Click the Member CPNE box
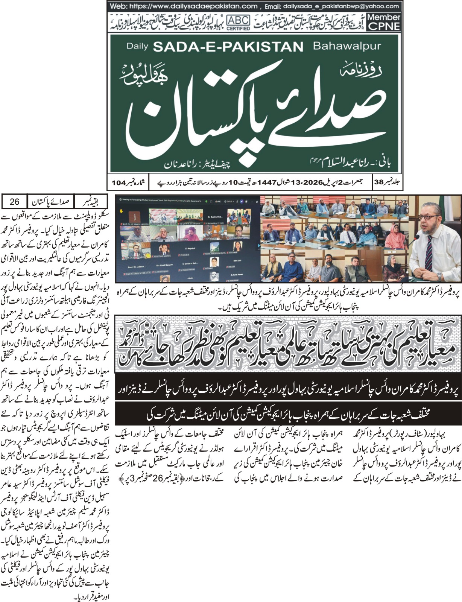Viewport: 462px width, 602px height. tap(383, 22)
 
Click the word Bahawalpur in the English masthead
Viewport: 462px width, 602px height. tap(346, 46)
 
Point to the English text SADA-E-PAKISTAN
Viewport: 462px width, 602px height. tap(228, 47)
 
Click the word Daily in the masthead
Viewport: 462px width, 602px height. tap(138, 46)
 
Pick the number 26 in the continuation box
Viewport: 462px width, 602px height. tap(14, 202)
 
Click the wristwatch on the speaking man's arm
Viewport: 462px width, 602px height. tap(440, 276)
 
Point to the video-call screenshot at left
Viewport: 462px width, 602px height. tap(187, 241)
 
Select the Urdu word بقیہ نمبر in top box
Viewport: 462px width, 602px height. tap(91, 202)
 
